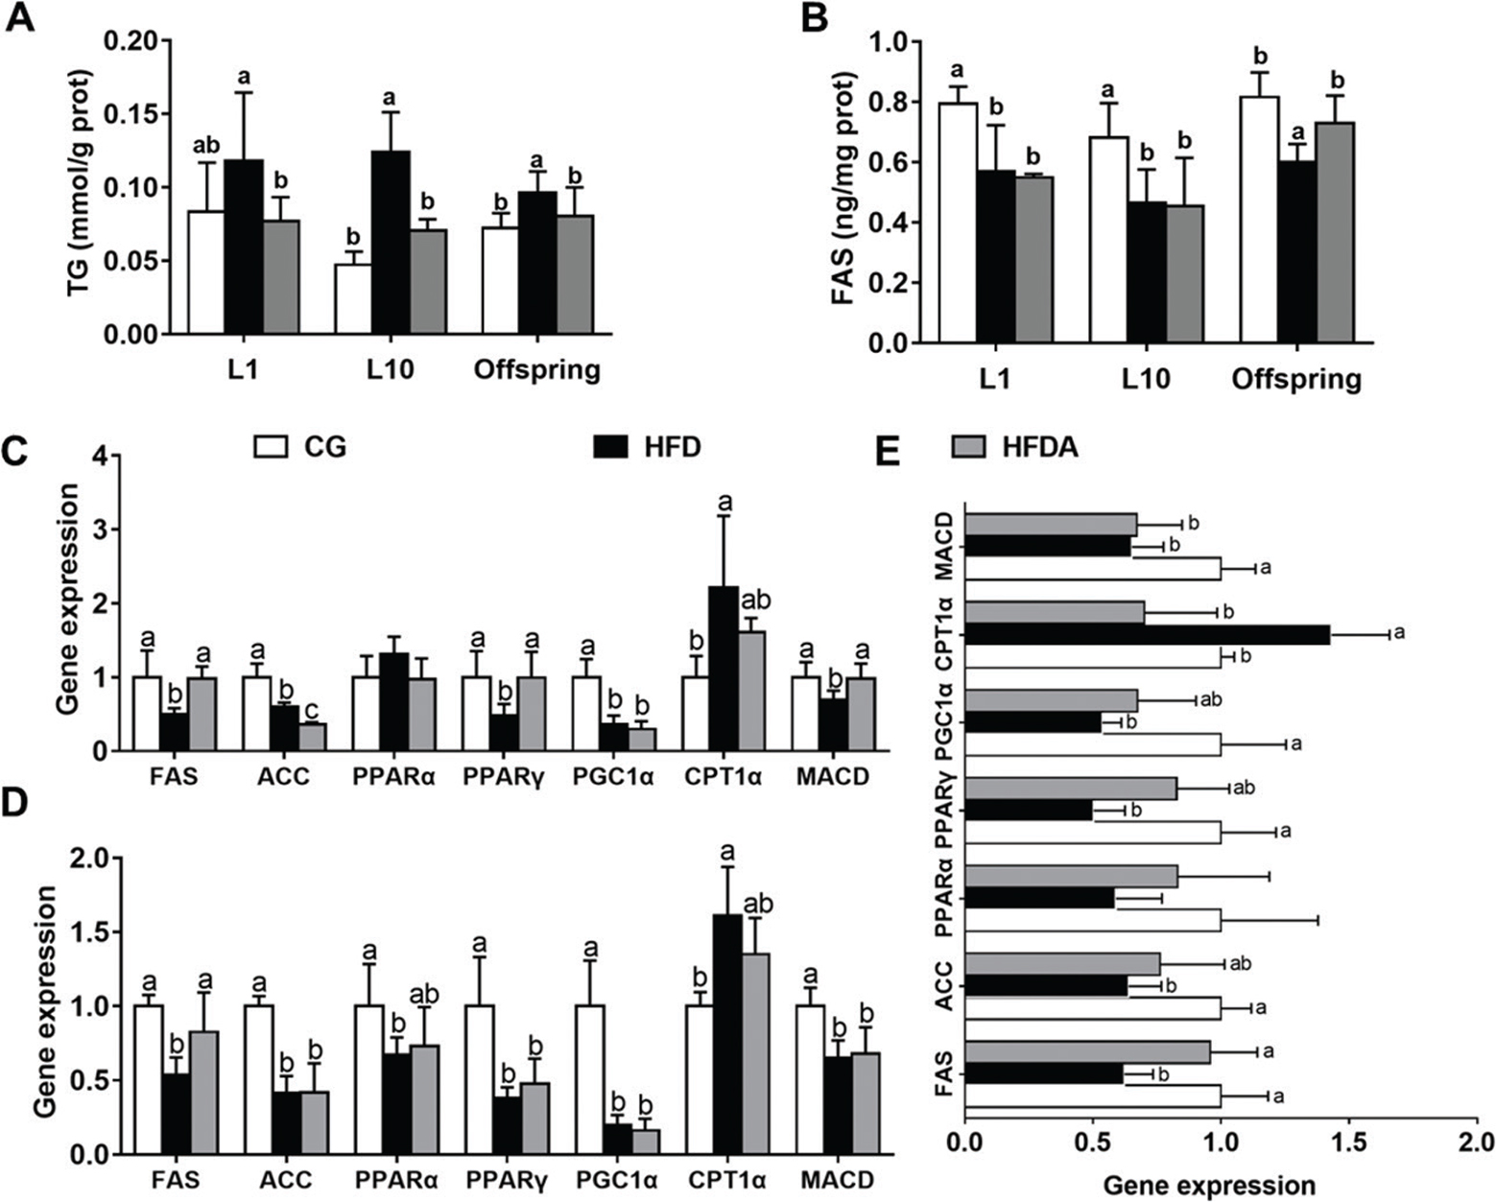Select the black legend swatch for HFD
click(x=611, y=446)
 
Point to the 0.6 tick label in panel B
click(x=892, y=163)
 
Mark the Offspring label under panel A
click(x=536, y=370)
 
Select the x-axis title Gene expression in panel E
click(x=1208, y=1186)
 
